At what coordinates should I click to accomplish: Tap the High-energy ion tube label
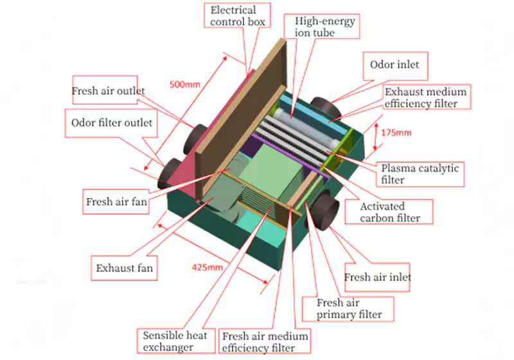tap(324, 26)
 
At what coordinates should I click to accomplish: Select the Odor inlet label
tap(394, 65)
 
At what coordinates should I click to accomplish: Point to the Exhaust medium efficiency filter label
tap(425, 97)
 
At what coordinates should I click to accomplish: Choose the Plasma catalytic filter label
tap(420, 174)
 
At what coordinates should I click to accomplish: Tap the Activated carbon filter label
tap(391, 212)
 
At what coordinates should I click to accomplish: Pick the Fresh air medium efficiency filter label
tap(265, 342)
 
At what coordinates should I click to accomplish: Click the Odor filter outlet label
tap(112, 122)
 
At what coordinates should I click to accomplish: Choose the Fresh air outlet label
tap(109, 91)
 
